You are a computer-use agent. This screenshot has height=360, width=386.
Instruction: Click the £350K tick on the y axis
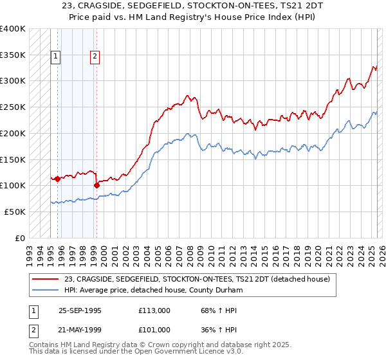pyautogui.click(x=13, y=55)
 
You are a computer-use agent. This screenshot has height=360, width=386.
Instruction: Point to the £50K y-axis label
pyautogui.click(x=15, y=212)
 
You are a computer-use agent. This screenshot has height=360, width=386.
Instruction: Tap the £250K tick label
pyautogui.click(x=13, y=107)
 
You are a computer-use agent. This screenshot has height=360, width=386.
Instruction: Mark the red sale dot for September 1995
pyautogui.click(x=57, y=179)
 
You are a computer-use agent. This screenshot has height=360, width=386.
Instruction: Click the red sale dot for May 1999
pyautogui.click(x=96, y=185)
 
